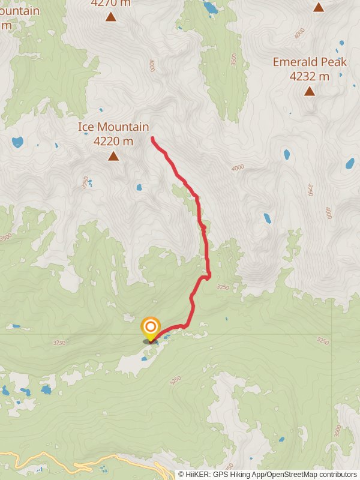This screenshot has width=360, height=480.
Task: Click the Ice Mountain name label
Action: tap(113, 127)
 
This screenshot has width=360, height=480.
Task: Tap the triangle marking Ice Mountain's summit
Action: tap(113, 157)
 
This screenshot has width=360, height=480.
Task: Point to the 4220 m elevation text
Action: tap(113, 142)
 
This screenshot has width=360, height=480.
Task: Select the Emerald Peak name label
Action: tap(309, 62)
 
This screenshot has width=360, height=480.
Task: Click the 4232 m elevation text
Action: tap(309, 76)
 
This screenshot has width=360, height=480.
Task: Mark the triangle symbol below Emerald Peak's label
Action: tap(309, 91)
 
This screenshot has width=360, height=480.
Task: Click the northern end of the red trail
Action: tap(152, 139)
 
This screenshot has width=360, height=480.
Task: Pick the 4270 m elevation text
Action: tap(110, 2)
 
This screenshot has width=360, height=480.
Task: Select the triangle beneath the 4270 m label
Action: tap(111, 16)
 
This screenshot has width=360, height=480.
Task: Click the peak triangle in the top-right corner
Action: tap(319, 7)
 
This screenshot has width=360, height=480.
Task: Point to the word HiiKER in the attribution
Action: tap(200, 474)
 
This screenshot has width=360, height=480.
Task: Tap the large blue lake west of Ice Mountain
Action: tap(17, 142)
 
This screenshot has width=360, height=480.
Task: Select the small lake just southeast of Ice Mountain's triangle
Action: tap(139, 187)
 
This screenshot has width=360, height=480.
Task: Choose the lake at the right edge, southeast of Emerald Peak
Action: tap(350, 163)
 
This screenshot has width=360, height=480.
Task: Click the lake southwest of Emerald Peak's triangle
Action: tap(286, 155)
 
